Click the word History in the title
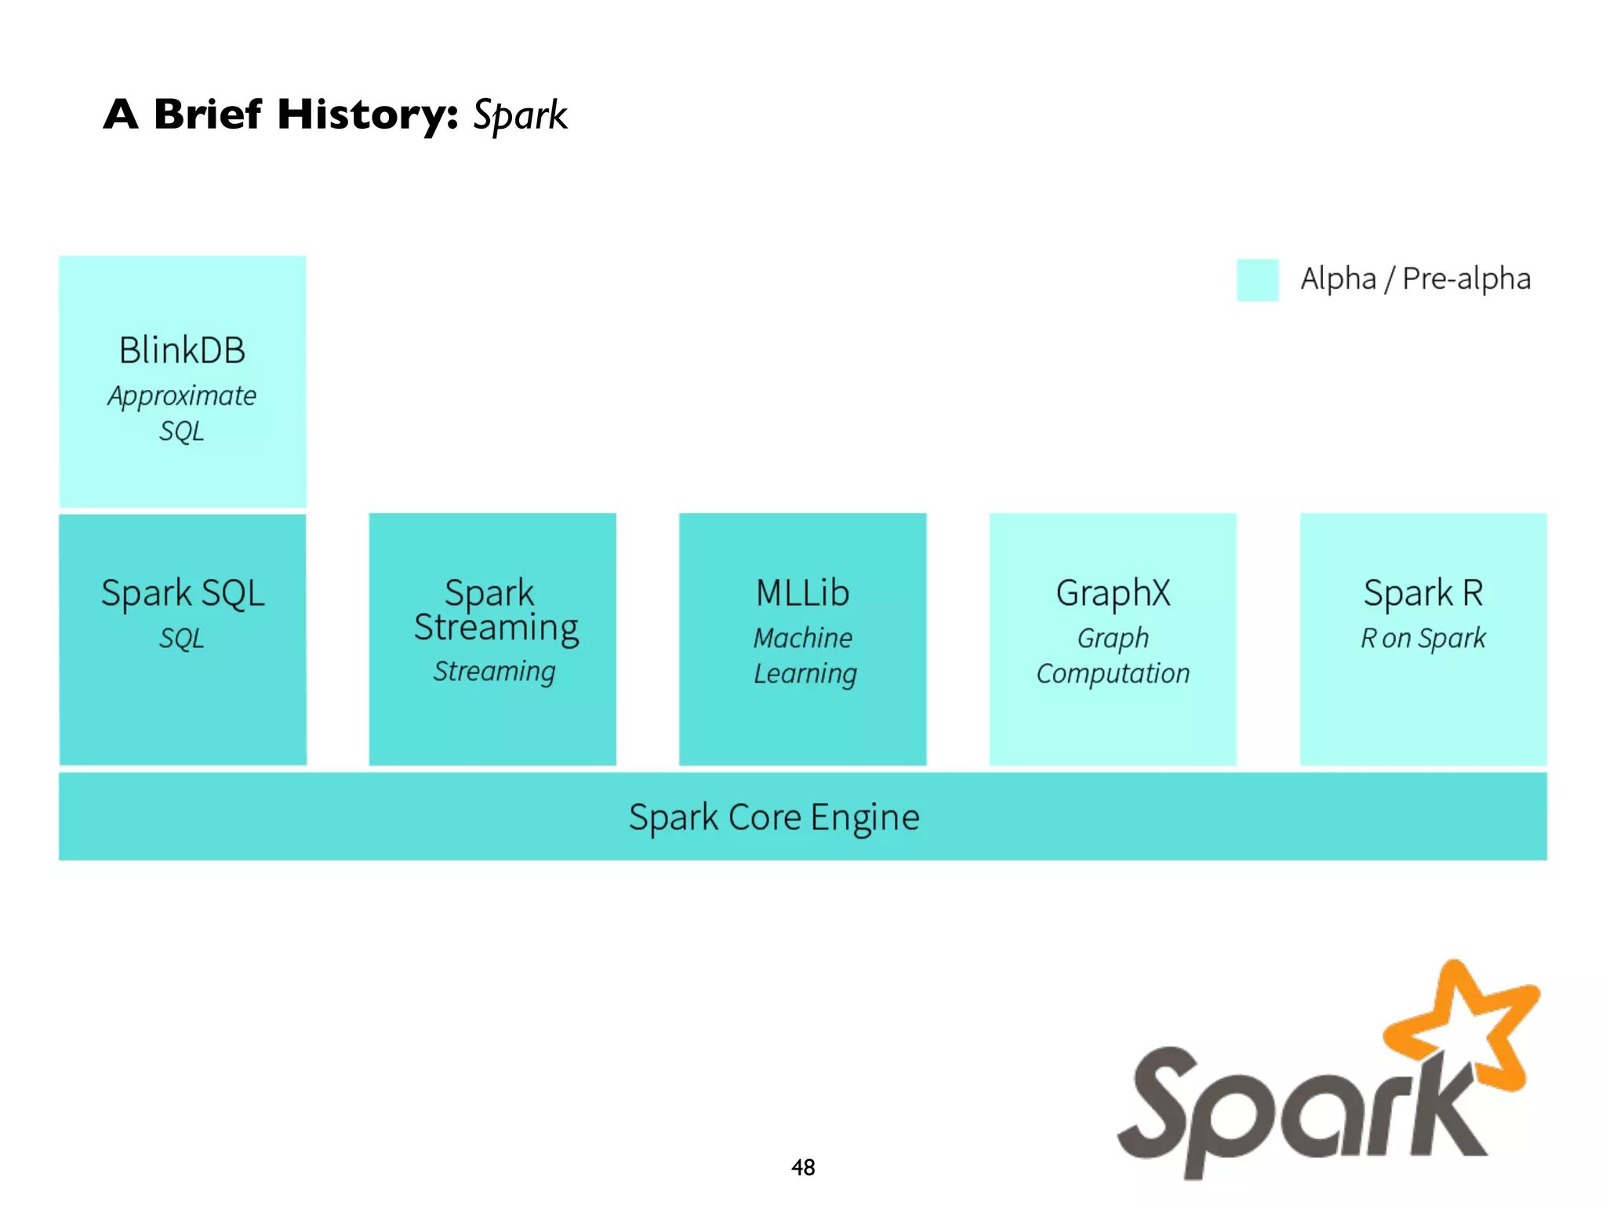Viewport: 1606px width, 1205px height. pos(367,115)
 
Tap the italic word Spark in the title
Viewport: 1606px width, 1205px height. pos(519,116)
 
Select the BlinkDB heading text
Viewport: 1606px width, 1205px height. pos(182,350)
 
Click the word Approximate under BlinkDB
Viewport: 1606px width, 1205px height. pos(182,396)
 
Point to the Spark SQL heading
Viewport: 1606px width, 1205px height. pos(182,593)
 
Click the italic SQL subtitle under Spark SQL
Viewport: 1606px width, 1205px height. pos(181,638)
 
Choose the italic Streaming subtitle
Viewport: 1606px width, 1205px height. pos(494,672)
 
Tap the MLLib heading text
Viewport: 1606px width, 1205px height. pos(802,593)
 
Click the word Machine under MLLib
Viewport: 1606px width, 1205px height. pos(802,638)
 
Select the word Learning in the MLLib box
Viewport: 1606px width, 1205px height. pos(805,674)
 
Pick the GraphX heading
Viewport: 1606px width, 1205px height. pos(1113,593)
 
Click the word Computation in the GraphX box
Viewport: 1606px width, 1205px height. pos(1113,674)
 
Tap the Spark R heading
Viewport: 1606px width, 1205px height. pos(1423,593)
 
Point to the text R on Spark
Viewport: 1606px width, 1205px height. pos(1423,638)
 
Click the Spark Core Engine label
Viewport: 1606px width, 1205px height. pos(774,817)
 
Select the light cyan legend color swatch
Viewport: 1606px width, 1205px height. pos(1257,280)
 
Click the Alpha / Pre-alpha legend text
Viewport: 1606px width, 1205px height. pos(1415,278)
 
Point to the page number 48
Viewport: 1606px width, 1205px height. pos(803,1167)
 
